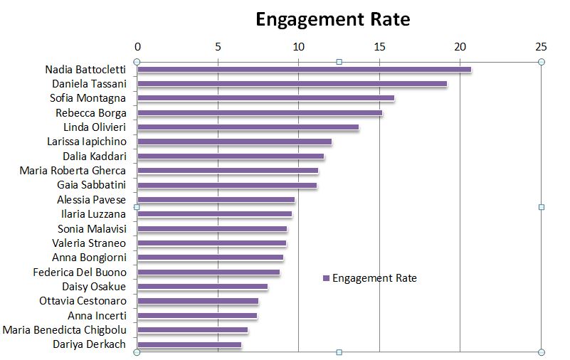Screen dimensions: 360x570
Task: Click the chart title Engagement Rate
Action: pyautogui.click(x=332, y=19)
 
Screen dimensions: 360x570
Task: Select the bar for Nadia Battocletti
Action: pyautogui.click(x=304, y=69)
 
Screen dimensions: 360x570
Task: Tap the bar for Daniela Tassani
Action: pyautogui.click(x=292, y=84)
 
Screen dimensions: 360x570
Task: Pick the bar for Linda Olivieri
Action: pyautogui.click(x=248, y=127)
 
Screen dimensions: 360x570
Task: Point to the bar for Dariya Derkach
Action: pyautogui.click(x=189, y=345)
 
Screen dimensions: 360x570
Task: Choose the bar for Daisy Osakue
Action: pyautogui.click(x=202, y=287)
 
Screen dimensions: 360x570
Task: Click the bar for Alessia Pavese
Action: pyautogui.click(x=216, y=200)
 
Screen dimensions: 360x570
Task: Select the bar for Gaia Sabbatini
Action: pyautogui.click(x=227, y=186)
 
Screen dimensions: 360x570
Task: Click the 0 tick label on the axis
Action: pyautogui.click(x=137, y=47)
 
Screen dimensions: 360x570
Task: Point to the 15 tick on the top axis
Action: pyautogui.click(x=380, y=47)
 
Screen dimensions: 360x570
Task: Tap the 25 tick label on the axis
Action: pyautogui.click(x=541, y=47)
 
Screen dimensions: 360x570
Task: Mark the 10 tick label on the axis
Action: pyautogui.click(x=299, y=47)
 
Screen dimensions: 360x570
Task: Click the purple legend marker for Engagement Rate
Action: pyautogui.click(x=326, y=278)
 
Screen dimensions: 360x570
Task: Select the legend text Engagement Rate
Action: pyautogui.click(x=374, y=278)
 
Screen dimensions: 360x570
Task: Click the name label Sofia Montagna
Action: pyautogui.click(x=88, y=98)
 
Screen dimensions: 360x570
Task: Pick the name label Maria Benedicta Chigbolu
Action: pyautogui.click(x=64, y=330)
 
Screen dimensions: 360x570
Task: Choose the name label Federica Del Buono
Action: pyautogui.click(x=80, y=272)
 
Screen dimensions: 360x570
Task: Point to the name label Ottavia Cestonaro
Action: pyautogui.click(x=83, y=301)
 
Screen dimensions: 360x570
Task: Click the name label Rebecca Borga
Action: pyautogui.click(x=90, y=112)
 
